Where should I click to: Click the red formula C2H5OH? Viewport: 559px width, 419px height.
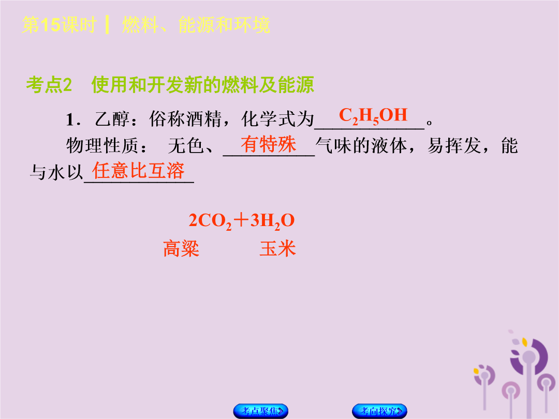373,115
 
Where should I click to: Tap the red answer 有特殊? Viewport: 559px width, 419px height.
268,144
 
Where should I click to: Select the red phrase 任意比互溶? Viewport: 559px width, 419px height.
138,170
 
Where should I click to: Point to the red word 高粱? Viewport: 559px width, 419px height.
181,249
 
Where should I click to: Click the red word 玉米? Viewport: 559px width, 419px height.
278,249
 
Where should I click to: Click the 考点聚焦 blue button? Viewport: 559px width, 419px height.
260,411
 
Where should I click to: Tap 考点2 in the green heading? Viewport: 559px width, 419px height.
49,85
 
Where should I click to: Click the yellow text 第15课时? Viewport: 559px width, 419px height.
59,25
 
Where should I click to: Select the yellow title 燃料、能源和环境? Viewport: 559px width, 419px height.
196,25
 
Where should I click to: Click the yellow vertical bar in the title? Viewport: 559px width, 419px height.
107,25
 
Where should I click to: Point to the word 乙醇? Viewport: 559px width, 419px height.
112,119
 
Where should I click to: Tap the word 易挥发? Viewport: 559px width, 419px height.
454,146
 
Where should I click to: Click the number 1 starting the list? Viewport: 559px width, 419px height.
70,119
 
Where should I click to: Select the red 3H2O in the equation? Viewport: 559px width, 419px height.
272,221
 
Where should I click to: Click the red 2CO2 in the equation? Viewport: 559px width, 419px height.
210,221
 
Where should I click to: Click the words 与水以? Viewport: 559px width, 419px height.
56,172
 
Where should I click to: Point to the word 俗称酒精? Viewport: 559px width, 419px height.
185,119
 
